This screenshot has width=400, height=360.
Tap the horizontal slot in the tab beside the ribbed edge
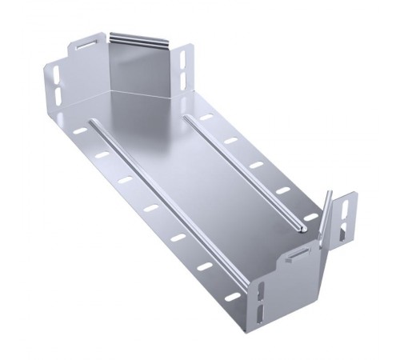point(85,46)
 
